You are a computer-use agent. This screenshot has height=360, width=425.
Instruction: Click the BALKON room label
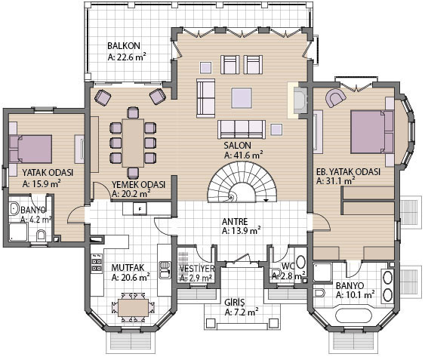coord(124,46)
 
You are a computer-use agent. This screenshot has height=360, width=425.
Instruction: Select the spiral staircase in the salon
coord(242,182)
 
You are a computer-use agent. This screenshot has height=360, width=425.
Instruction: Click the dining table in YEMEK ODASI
coord(133,143)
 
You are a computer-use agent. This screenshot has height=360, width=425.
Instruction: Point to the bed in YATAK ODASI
coord(30,149)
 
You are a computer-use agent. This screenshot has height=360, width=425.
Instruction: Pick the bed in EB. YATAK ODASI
coord(372,132)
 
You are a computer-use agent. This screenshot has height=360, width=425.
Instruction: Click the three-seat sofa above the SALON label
coord(242,129)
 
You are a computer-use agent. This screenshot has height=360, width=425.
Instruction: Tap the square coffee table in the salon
coord(242,98)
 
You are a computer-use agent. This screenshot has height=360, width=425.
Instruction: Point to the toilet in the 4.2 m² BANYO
coord(41,235)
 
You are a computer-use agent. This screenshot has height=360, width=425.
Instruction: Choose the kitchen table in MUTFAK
coord(133,307)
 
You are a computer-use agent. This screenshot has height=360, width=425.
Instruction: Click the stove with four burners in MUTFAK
coord(97,263)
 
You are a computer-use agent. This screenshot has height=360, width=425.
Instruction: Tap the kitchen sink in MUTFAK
coord(165,269)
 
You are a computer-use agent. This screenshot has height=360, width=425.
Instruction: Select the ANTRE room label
coord(235,221)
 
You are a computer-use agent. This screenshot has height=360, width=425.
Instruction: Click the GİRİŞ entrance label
coord(235,302)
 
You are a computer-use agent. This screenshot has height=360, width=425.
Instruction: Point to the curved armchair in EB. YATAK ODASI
coord(336,97)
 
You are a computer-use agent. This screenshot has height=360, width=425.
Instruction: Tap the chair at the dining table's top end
coord(133,112)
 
